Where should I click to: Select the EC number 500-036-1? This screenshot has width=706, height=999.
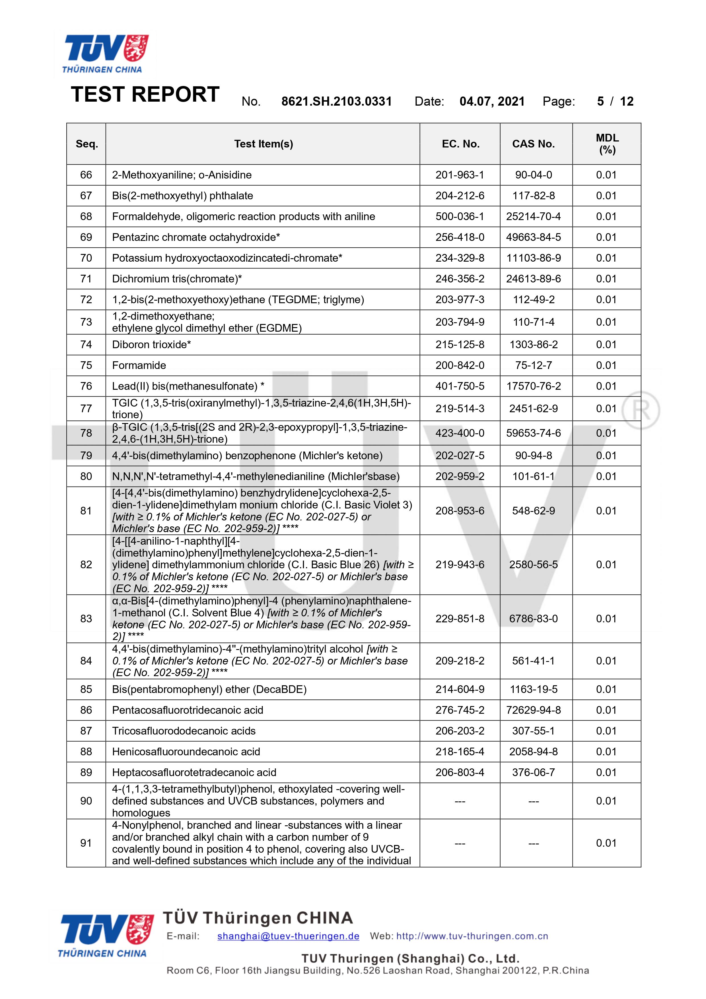(x=460, y=217)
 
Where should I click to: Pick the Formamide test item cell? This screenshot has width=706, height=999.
(x=139, y=366)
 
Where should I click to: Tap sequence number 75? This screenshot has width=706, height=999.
(x=86, y=366)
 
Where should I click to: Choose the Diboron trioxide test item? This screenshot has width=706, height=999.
(x=151, y=344)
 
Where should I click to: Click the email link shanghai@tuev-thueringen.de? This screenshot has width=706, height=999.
(x=288, y=936)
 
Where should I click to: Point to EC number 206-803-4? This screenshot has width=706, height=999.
(x=460, y=773)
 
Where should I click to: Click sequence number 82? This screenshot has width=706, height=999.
(x=86, y=565)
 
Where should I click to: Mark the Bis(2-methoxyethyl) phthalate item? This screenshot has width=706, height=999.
(x=182, y=196)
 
